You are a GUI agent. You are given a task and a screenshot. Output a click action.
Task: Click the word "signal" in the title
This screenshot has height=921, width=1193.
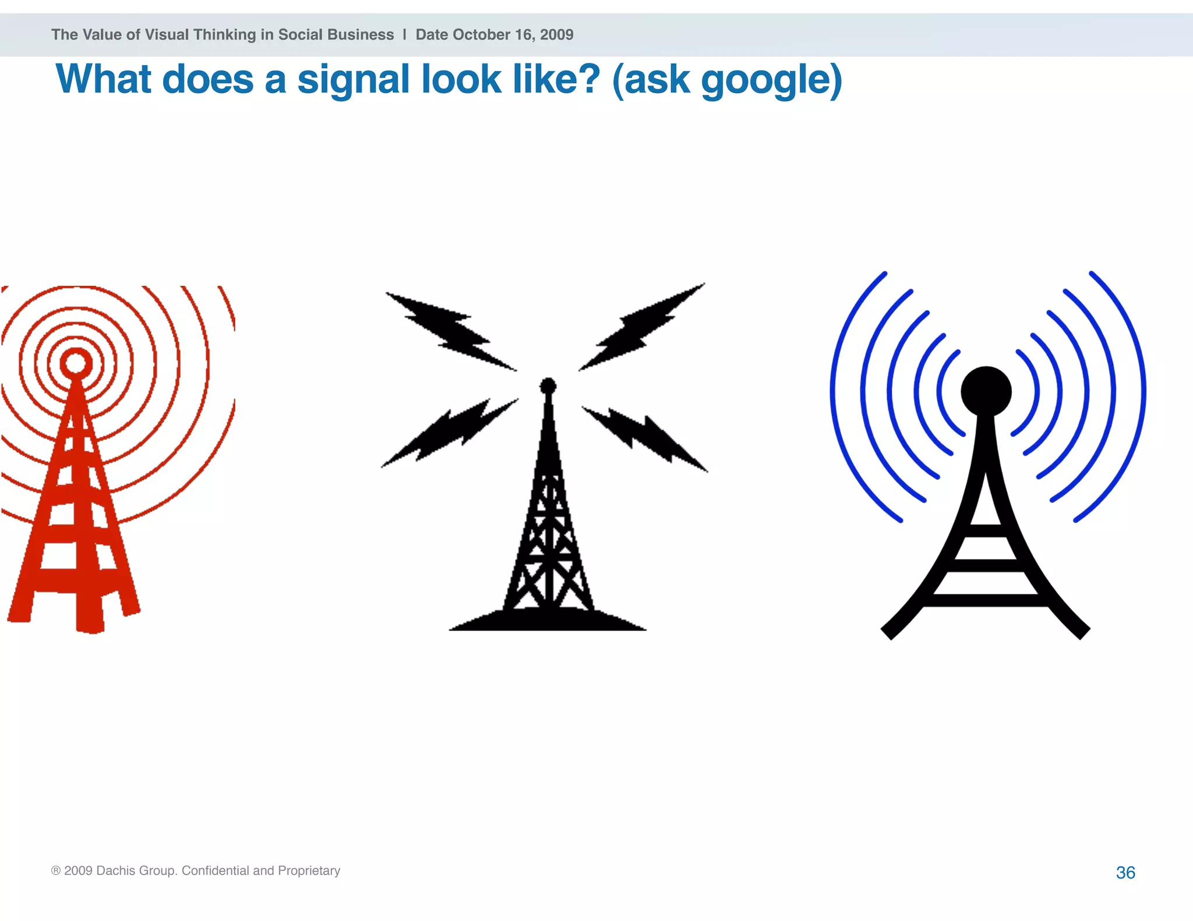click(x=354, y=80)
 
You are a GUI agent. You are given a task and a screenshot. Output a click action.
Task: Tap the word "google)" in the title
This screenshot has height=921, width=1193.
click(x=771, y=80)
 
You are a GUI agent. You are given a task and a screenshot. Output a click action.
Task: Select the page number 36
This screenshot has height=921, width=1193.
click(x=1125, y=872)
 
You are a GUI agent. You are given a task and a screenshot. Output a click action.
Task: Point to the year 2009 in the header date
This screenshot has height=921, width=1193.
click(x=556, y=34)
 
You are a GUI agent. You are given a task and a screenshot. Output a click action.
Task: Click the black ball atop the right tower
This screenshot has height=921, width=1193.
click(x=986, y=391)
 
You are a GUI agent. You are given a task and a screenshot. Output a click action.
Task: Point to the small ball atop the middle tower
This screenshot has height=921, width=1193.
click(x=548, y=386)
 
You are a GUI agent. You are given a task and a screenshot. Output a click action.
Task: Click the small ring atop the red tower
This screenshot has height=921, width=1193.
click(x=75, y=363)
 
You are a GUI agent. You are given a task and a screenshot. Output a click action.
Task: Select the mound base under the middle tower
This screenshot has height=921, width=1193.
click(x=548, y=621)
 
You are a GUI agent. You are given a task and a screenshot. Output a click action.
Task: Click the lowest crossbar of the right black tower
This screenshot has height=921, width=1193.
click(x=986, y=601)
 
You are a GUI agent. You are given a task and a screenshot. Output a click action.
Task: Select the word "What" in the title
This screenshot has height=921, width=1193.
click(x=104, y=80)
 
